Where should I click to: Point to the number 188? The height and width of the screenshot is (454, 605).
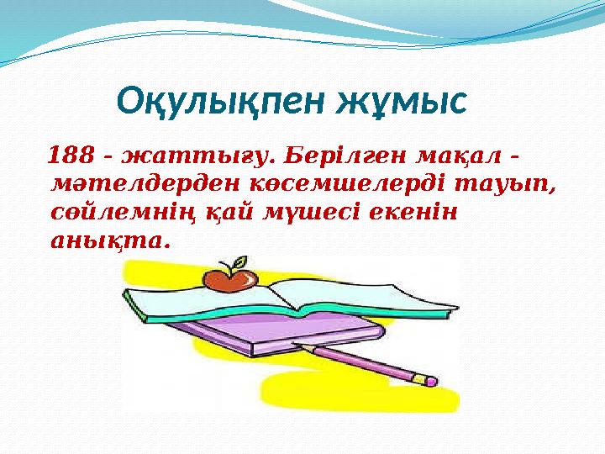(x=71, y=156)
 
